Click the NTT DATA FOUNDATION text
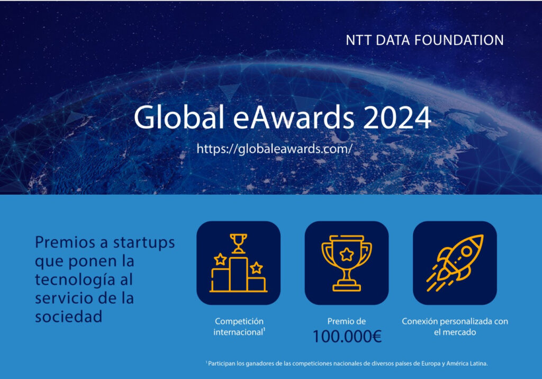[424, 40]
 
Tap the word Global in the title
[179, 116]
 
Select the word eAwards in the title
[294, 116]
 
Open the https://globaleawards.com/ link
[275, 149]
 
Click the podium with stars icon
[239, 263]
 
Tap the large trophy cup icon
[347, 263]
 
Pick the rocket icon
[455, 263]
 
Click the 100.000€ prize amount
[347, 337]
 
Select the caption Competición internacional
[239, 327]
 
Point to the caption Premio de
[346, 321]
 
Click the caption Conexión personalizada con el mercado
[455, 327]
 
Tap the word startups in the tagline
[144, 242]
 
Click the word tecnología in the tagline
[75, 280]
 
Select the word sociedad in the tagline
[69, 317]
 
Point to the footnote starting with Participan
[347, 364]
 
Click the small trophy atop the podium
[239, 243]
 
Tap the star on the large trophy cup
[347, 255]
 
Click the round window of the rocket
[467, 251]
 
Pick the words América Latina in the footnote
[467, 364]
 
